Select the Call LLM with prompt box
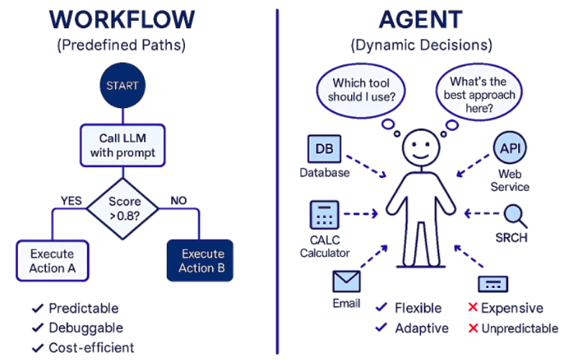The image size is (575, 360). click(x=122, y=144)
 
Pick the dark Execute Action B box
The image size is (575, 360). click(x=199, y=261)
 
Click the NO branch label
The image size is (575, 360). click(x=178, y=200)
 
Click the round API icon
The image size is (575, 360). click(x=510, y=149)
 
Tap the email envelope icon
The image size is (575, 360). click(x=346, y=281)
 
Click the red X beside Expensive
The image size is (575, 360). click(x=473, y=308)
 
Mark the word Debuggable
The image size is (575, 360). click(x=86, y=328)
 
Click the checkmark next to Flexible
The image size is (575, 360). click(x=382, y=308)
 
